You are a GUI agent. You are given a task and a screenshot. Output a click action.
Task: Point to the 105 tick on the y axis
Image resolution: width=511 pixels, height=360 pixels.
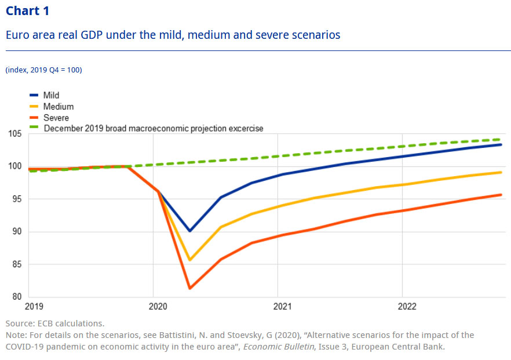click(x=14, y=134)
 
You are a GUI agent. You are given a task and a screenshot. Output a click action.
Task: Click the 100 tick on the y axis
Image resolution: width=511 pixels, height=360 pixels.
click(x=14, y=167)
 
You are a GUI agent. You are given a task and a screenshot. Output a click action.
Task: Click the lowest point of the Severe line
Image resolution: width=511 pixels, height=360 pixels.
click(x=189, y=288)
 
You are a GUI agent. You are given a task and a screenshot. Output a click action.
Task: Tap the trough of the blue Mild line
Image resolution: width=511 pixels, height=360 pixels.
click(x=189, y=231)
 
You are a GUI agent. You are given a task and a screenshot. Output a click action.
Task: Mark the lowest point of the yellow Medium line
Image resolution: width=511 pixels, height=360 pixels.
click(x=189, y=260)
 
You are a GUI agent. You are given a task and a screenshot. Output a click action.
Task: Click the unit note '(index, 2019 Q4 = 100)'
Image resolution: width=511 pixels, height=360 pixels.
click(x=44, y=70)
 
